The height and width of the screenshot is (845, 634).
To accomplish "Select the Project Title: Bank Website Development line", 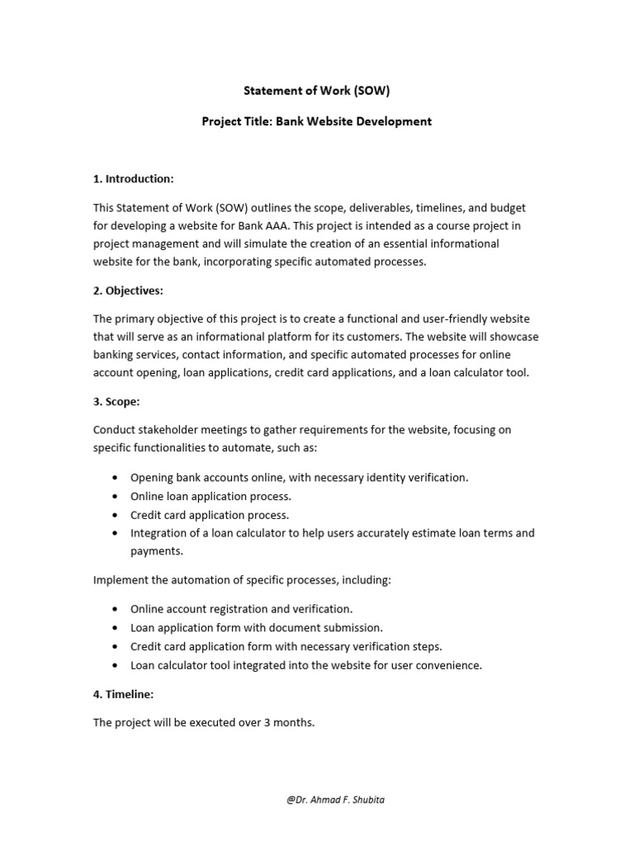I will [317, 121].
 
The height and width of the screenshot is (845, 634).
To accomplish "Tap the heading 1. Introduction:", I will [133, 178].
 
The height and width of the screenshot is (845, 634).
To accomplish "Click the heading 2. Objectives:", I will [129, 290].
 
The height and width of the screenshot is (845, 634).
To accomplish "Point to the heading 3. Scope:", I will [116, 402].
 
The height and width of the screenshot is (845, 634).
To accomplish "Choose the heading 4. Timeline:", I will [123, 695].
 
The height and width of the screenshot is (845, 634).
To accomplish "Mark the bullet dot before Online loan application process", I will [112, 496].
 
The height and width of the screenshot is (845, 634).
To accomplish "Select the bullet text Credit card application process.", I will [209, 515].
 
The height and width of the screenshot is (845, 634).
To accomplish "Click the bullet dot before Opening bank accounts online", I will [112, 477].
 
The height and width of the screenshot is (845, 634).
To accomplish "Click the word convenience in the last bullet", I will [447, 665].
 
